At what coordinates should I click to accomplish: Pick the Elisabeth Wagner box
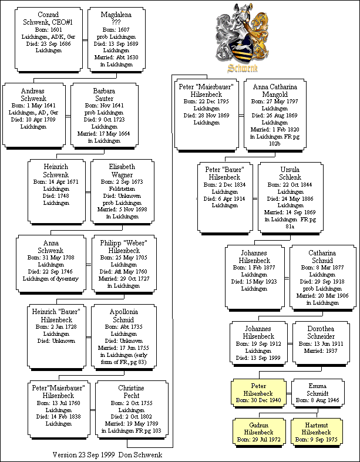pyautogui.click(x=122, y=192)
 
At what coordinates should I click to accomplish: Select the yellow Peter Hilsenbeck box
pyautogui.click(x=258, y=393)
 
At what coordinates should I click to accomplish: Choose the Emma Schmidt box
pyautogui.click(x=317, y=393)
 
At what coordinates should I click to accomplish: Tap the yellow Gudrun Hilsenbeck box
pyautogui.click(x=258, y=431)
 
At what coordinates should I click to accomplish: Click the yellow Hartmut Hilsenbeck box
pyautogui.click(x=317, y=431)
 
